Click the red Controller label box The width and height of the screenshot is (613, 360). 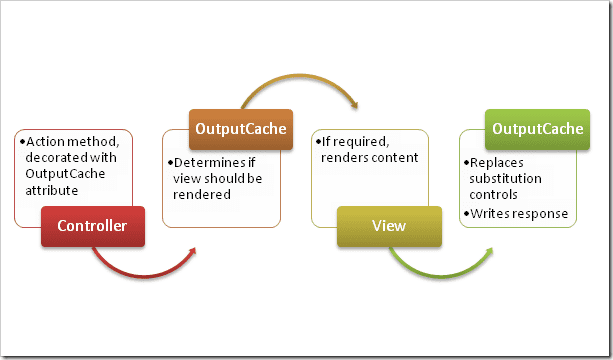tap(92, 225)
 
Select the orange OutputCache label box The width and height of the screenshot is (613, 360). tap(241, 129)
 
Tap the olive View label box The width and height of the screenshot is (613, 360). tap(388, 225)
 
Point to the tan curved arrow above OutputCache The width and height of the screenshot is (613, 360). tap(290, 82)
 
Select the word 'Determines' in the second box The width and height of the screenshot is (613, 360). tap(202, 163)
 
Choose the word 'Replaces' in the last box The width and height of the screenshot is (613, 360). tap(496, 163)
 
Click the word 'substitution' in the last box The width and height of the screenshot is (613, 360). tap(503, 178)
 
